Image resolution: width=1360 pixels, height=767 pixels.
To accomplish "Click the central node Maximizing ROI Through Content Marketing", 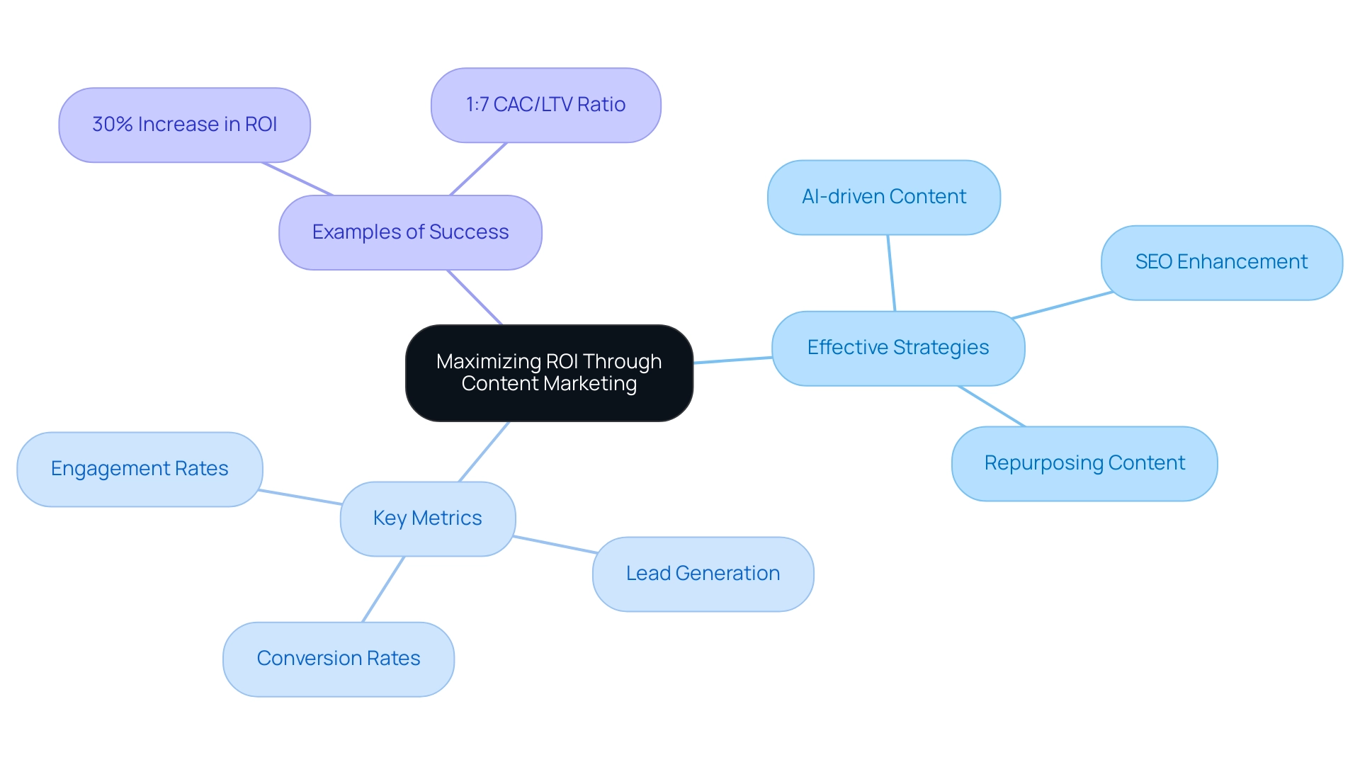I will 549,373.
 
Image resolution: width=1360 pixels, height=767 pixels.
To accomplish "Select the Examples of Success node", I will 410,232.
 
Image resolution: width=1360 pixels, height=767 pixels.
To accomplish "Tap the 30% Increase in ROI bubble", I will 184,125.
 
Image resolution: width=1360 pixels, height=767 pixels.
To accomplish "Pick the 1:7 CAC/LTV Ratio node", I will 545,105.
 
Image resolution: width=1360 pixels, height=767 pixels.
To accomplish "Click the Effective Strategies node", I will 897,348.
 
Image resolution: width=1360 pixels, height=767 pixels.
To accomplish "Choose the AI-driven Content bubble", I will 883,197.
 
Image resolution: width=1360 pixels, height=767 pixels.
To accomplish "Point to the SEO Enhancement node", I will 1221,262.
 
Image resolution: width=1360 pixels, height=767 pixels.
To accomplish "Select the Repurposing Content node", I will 1084,463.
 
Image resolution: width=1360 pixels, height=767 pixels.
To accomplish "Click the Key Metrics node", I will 427,518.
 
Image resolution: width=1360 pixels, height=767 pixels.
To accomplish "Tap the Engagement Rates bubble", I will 140,469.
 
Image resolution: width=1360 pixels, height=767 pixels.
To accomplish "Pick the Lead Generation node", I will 703,574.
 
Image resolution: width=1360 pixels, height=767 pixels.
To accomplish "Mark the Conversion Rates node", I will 338,659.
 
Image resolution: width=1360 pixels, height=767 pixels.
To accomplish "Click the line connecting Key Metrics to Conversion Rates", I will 383,589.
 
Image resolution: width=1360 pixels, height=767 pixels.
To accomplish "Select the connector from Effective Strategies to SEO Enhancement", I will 1062,305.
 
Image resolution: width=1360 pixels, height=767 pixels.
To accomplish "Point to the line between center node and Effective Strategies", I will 732,360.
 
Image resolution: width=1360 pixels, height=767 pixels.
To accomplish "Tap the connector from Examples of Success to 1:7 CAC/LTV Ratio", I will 478,169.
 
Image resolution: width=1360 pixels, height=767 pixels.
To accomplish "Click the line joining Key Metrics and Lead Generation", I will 555,545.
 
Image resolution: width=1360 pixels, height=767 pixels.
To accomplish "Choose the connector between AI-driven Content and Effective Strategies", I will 891,273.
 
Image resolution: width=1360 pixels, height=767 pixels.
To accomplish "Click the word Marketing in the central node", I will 593,384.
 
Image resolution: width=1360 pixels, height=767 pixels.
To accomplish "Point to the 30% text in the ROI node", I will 113,125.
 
